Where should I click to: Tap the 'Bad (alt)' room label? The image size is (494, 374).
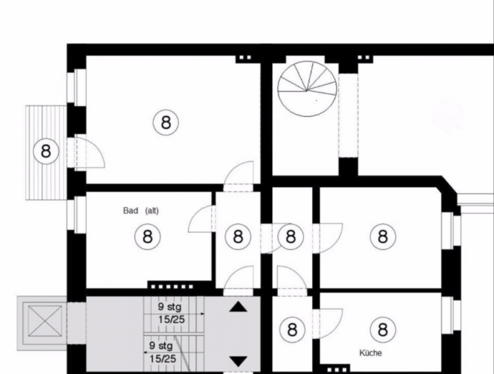[141, 210]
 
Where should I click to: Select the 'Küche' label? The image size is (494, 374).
[370, 353]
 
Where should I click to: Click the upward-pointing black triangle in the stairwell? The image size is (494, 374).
[238, 307]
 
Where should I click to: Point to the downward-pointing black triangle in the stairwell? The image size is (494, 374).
[238, 361]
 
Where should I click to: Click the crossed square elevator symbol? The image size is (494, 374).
[44, 321]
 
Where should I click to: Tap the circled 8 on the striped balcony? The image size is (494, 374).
[46, 151]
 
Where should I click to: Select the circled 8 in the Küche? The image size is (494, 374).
[383, 330]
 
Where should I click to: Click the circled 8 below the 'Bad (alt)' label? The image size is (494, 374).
[147, 236]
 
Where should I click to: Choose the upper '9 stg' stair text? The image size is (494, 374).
[170, 307]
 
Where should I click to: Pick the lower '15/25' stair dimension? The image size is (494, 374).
[163, 359]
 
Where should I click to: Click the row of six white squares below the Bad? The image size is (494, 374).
[172, 287]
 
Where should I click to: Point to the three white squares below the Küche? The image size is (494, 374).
[337, 370]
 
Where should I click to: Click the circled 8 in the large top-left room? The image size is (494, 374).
[166, 122]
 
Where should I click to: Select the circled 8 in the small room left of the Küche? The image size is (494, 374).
[293, 330]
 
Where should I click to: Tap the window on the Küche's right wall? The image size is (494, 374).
[448, 315]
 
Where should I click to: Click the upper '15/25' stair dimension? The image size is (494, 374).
[171, 319]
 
